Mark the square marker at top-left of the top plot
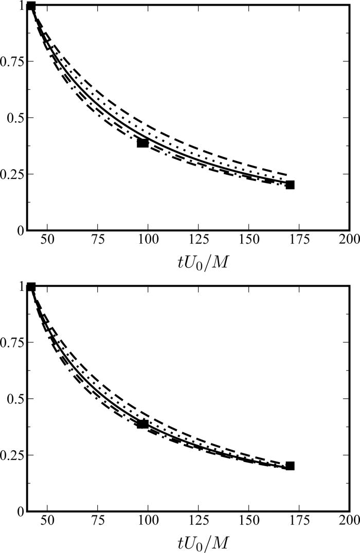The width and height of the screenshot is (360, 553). (31, 6)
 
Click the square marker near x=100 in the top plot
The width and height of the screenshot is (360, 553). (143, 143)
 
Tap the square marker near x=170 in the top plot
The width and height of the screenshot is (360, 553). (290, 185)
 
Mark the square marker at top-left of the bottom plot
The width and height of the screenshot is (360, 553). (31, 287)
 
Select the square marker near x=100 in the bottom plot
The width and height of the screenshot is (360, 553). (143, 424)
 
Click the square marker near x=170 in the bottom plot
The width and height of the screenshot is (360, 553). (290, 466)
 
